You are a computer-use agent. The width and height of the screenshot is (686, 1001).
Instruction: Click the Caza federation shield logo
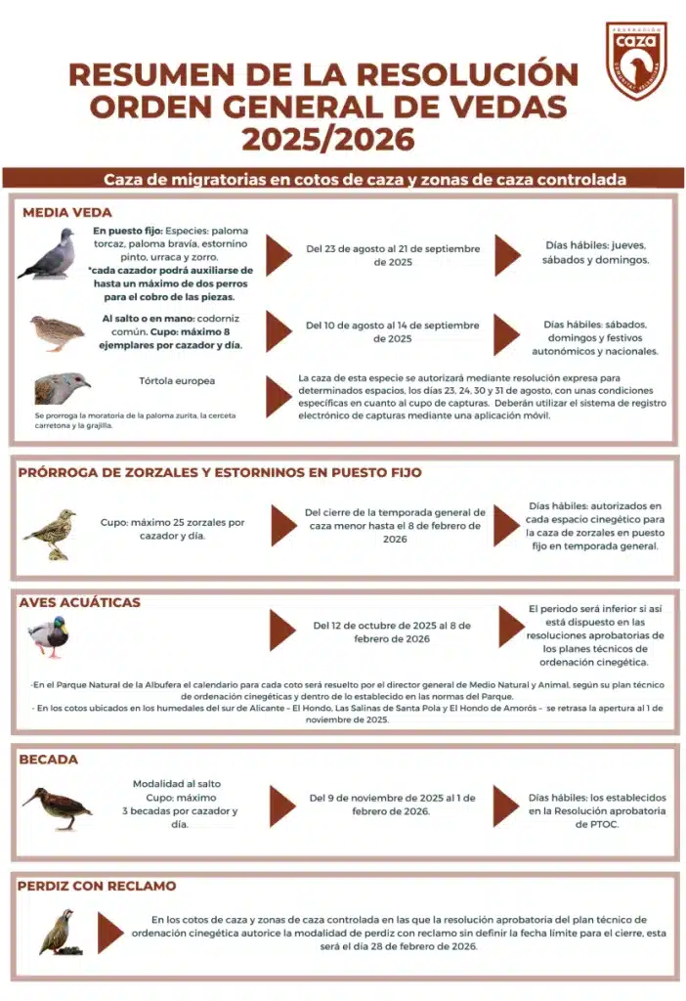pos(636,60)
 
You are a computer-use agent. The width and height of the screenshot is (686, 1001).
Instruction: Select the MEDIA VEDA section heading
pos(67,212)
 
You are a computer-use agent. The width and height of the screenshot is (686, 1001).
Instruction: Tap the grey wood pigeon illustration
pos(47,255)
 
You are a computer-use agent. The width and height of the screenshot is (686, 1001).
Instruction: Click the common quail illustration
pos(57,332)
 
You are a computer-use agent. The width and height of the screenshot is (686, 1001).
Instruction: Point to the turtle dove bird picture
pos(62,388)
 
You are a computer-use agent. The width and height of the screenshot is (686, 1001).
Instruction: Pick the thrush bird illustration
pos(51,534)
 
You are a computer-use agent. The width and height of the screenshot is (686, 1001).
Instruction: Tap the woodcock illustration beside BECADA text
pos(57,807)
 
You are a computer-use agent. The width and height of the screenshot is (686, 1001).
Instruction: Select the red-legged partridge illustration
pos(57,930)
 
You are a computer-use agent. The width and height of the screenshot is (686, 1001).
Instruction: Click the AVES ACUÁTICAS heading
pos(79,602)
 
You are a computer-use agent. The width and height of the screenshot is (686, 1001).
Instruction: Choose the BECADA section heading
pos(49,760)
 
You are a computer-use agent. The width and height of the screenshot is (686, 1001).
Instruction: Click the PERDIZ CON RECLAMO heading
pos(97,886)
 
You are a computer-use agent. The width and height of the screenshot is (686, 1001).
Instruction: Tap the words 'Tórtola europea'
pos(178,380)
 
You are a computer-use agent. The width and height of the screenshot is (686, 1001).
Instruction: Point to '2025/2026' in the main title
pos(328,139)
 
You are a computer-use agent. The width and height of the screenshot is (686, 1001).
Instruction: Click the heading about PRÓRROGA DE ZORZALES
pos(220,473)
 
